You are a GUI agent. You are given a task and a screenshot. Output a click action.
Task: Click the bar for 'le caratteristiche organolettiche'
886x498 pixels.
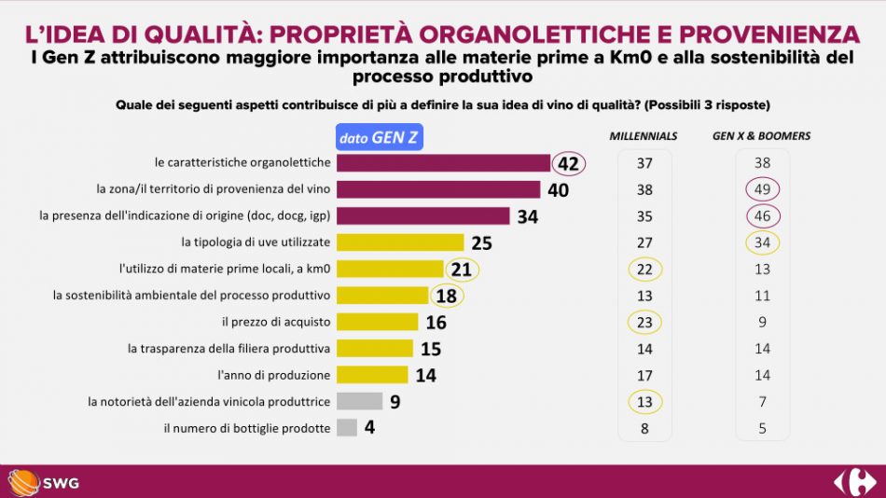coord(443,163)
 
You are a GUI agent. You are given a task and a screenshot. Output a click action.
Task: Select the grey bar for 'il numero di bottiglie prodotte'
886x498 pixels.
coord(346,428)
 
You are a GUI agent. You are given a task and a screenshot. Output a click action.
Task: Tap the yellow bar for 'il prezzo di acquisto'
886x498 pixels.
coord(377,323)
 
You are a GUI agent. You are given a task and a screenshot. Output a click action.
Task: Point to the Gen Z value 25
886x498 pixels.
coord(481,243)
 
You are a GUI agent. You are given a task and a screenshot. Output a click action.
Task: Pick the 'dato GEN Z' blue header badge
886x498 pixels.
coord(379,138)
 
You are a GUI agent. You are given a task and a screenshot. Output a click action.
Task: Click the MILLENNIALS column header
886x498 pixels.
coord(644,136)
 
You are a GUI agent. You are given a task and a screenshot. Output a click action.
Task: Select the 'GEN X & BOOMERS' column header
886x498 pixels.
coord(761,136)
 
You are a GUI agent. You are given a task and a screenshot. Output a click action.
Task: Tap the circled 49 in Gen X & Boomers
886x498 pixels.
coord(762,189)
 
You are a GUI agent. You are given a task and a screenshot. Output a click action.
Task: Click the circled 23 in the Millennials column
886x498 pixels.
coord(644,323)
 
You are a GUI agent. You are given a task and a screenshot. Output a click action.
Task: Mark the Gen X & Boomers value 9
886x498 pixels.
coord(762,323)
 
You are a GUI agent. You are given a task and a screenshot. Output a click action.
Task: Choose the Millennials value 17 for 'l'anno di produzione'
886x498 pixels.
coord(644,376)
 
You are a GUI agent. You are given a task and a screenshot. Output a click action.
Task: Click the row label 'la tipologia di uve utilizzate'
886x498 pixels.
coord(256,243)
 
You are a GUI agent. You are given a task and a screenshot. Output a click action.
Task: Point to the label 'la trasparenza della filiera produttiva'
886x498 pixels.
coord(229,349)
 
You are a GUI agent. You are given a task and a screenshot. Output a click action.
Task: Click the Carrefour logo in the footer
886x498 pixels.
coord(854,482)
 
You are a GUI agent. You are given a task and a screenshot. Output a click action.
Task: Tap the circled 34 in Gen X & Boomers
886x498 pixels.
coord(762,243)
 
